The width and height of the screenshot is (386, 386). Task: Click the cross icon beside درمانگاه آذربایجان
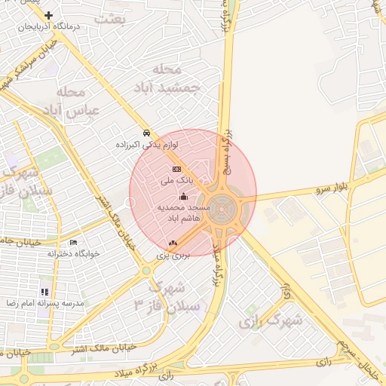point(49,15)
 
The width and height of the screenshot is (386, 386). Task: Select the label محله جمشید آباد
point(176,78)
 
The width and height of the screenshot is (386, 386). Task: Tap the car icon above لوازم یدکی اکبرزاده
point(147,131)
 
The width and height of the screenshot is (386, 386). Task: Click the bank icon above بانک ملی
point(176,169)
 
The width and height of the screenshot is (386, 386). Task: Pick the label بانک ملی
point(177,181)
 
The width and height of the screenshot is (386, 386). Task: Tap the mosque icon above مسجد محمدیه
point(183,195)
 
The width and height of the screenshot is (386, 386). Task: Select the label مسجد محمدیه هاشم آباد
point(183,211)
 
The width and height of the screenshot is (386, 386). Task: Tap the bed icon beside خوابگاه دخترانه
point(73,242)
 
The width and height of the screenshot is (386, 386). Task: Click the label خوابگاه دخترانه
point(73,253)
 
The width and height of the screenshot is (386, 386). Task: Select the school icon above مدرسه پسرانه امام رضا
point(44,291)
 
